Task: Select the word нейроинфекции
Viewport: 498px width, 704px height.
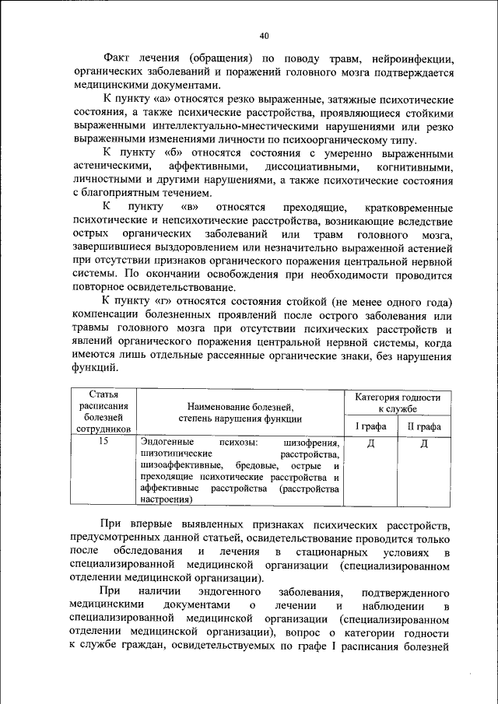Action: (410, 59)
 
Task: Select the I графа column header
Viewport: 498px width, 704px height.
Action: (370, 426)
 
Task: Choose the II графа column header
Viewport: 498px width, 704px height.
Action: (424, 426)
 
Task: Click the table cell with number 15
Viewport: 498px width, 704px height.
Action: (103, 442)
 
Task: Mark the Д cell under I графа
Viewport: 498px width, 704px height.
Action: (370, 443)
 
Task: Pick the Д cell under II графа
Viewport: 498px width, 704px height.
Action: (424, 443)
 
